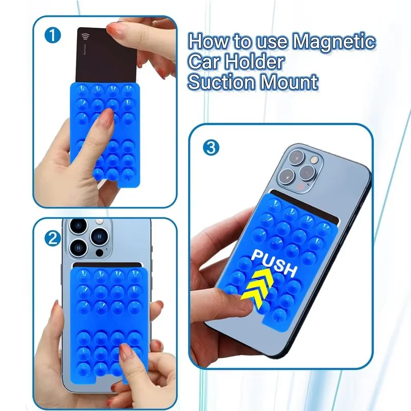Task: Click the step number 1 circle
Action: click(53, 35)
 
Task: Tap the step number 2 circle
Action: click(53, 239)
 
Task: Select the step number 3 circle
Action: click(211, 147)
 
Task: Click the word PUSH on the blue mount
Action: click(274, 264)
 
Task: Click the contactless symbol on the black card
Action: click(85, 37)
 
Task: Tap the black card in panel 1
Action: click(107, 55)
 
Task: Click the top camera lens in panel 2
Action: click(78, 226)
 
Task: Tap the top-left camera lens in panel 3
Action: click(296, 158)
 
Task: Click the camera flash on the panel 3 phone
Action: click(313, 159)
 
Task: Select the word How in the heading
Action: click(209, 41)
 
